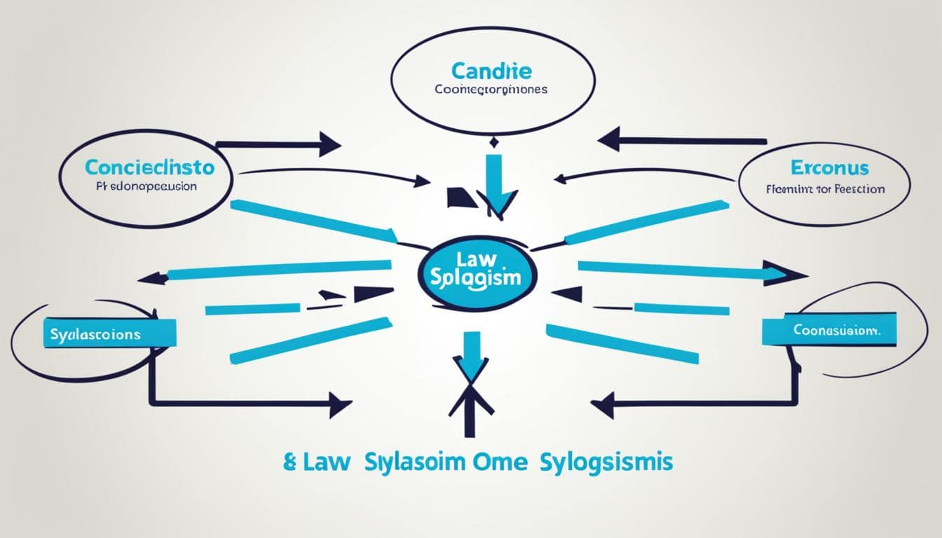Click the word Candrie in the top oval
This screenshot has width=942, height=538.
pyautogui.click(x=491, y=71)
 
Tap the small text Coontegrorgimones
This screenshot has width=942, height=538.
pyautogui.click(x=491, y=90)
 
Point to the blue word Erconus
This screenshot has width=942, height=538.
pyautogui.click(x=829, y=168)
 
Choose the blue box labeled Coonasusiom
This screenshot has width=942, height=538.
pyautogui.click(x=829, y=329)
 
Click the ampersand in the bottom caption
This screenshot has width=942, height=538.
pyautogui.click(x=291, y=463)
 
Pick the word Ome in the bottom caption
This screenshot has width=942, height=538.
pyautogui.click(x=500, y=463)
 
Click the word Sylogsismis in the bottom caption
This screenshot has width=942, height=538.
pyautogui.click(x=606, y=463)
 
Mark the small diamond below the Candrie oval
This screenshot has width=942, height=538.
pyautogui.click(x=494, y=144)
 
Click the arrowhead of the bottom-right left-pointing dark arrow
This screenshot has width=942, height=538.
pyautogui.click(x=603, y=404)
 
